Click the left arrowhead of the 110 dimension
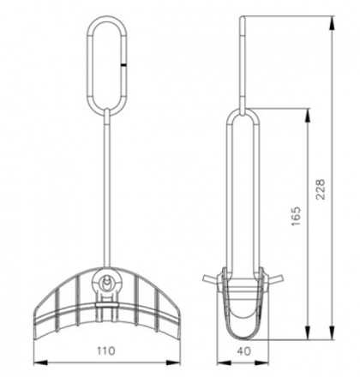[x=38, y=361]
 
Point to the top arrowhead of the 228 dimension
[x=332, y=21]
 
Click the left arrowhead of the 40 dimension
[x=216, y=361]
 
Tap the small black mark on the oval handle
[x=125, y=63]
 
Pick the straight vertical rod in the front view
[x=106, y=188]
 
